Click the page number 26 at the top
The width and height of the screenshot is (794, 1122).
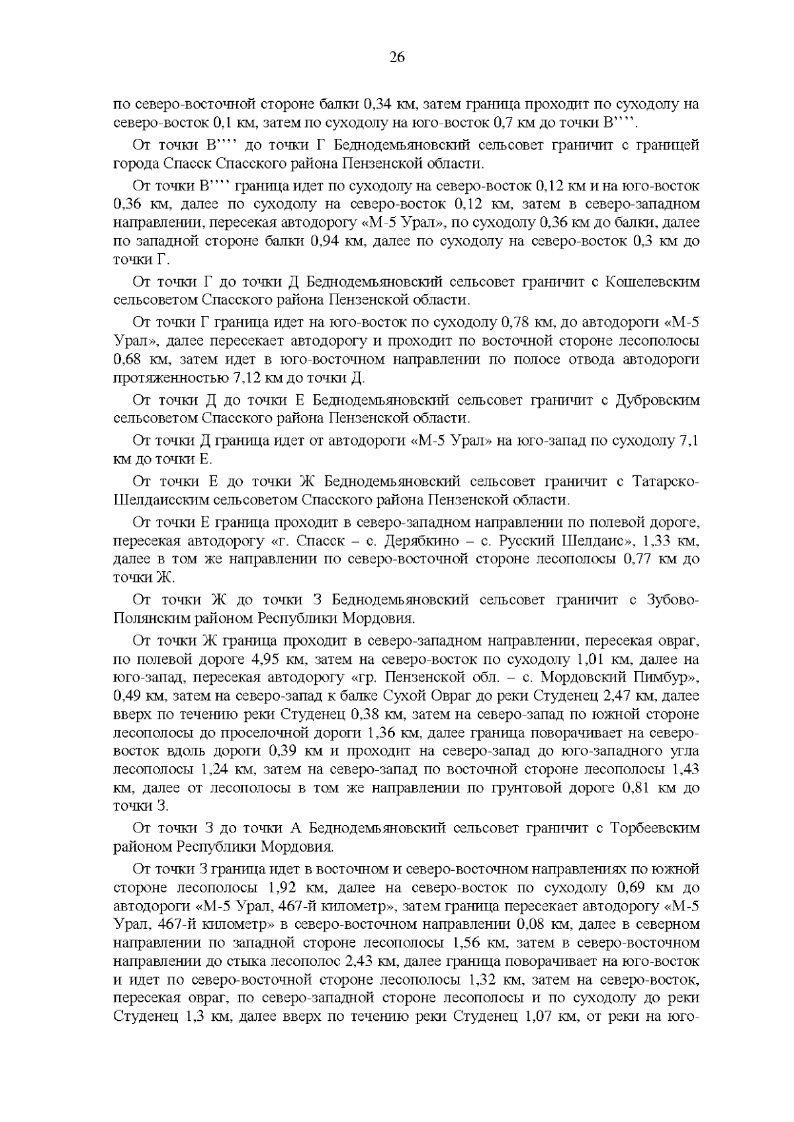397,57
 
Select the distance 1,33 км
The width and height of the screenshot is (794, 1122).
670,541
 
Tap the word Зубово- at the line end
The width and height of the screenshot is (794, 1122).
666,600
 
